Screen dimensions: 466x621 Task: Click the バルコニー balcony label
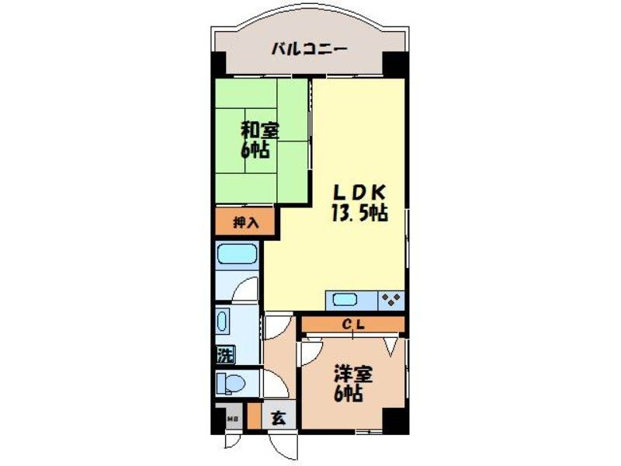tap(308, 50)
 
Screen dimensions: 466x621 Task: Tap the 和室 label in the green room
tap(260, 129)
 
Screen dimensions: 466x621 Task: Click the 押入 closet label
tap(246, 223)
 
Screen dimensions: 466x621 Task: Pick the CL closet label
tap(353, 324)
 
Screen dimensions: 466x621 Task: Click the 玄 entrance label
tap(278, 417)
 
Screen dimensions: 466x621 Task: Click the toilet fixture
tap(231, 382)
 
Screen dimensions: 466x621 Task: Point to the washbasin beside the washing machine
tap(223, 322)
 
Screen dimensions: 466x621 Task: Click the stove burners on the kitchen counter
tap(390, 299)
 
